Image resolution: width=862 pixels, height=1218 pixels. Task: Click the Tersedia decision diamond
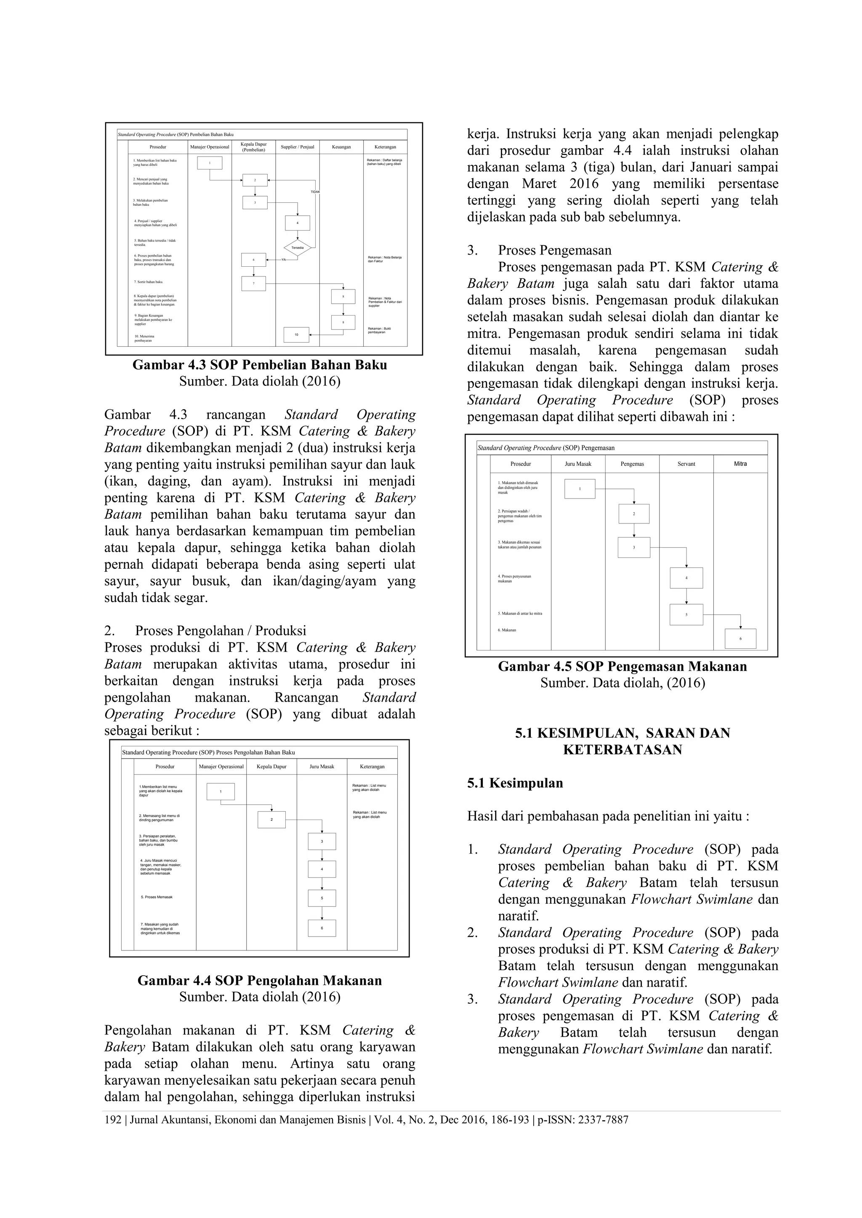coord(297,248)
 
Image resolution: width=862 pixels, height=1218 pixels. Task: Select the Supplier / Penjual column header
coord(297,147)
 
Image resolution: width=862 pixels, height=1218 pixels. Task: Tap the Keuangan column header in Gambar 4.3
coord(341,147)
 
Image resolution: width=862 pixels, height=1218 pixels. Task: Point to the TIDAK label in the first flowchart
coord(315,191)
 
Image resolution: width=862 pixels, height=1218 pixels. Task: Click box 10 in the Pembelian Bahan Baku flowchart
coord(297,335)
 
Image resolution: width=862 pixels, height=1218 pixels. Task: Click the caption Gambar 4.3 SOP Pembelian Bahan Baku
coord(260,365)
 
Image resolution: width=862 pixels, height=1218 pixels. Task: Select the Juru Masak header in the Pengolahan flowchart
coord(322,767)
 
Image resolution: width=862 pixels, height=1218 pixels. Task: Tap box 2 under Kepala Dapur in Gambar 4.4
coord(272,820)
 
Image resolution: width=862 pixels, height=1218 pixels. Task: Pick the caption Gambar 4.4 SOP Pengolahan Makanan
coord(260,980)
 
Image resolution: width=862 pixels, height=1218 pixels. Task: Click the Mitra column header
coord(740,464)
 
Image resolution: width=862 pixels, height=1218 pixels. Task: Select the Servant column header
coord(686,464)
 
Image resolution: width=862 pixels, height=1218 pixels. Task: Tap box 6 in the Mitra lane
coord(740,639)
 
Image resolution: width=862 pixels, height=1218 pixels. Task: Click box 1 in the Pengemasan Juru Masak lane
coord(580,488)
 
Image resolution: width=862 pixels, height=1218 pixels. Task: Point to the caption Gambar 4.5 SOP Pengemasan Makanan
coord(622,667)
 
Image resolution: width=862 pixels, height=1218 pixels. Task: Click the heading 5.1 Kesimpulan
coord(515,783)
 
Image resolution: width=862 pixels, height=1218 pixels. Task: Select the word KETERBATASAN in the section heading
coord(622,750)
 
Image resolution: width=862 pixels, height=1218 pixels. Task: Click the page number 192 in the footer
coord(112,1120)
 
